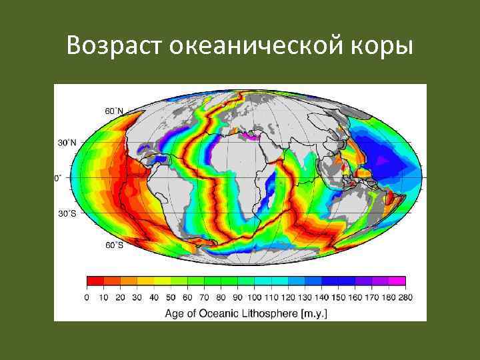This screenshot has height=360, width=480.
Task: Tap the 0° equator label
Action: point(56,179)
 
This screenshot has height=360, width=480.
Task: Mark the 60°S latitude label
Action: point(113,245)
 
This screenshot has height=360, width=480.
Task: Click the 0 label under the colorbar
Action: point(87,297)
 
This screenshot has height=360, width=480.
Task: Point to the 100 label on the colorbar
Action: point(255,297)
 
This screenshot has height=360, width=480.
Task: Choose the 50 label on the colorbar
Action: point(171,297)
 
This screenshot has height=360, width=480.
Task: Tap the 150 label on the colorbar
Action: point(339,297)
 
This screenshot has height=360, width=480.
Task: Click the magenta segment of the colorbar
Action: point(397,281)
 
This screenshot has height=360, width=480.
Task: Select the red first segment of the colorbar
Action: point(95,281)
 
